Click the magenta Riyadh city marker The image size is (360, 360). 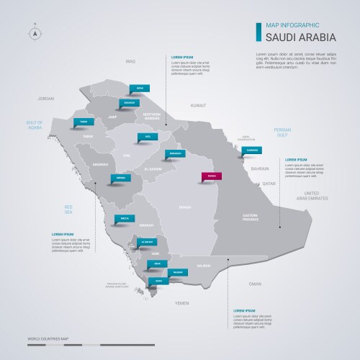(212, 175)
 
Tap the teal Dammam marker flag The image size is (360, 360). (252, 150)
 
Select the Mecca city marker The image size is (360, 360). (125, 215)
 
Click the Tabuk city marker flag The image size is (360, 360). (84, 121)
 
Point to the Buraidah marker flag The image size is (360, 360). (174, 153)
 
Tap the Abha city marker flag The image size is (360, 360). (158, 263)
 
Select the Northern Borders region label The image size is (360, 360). (152, 116)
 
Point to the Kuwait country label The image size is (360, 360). (198, 106)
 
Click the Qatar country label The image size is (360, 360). (269, 184)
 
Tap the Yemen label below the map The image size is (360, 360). (181, 304)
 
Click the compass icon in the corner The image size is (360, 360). (34, 32)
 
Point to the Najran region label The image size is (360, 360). (204, 266)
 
